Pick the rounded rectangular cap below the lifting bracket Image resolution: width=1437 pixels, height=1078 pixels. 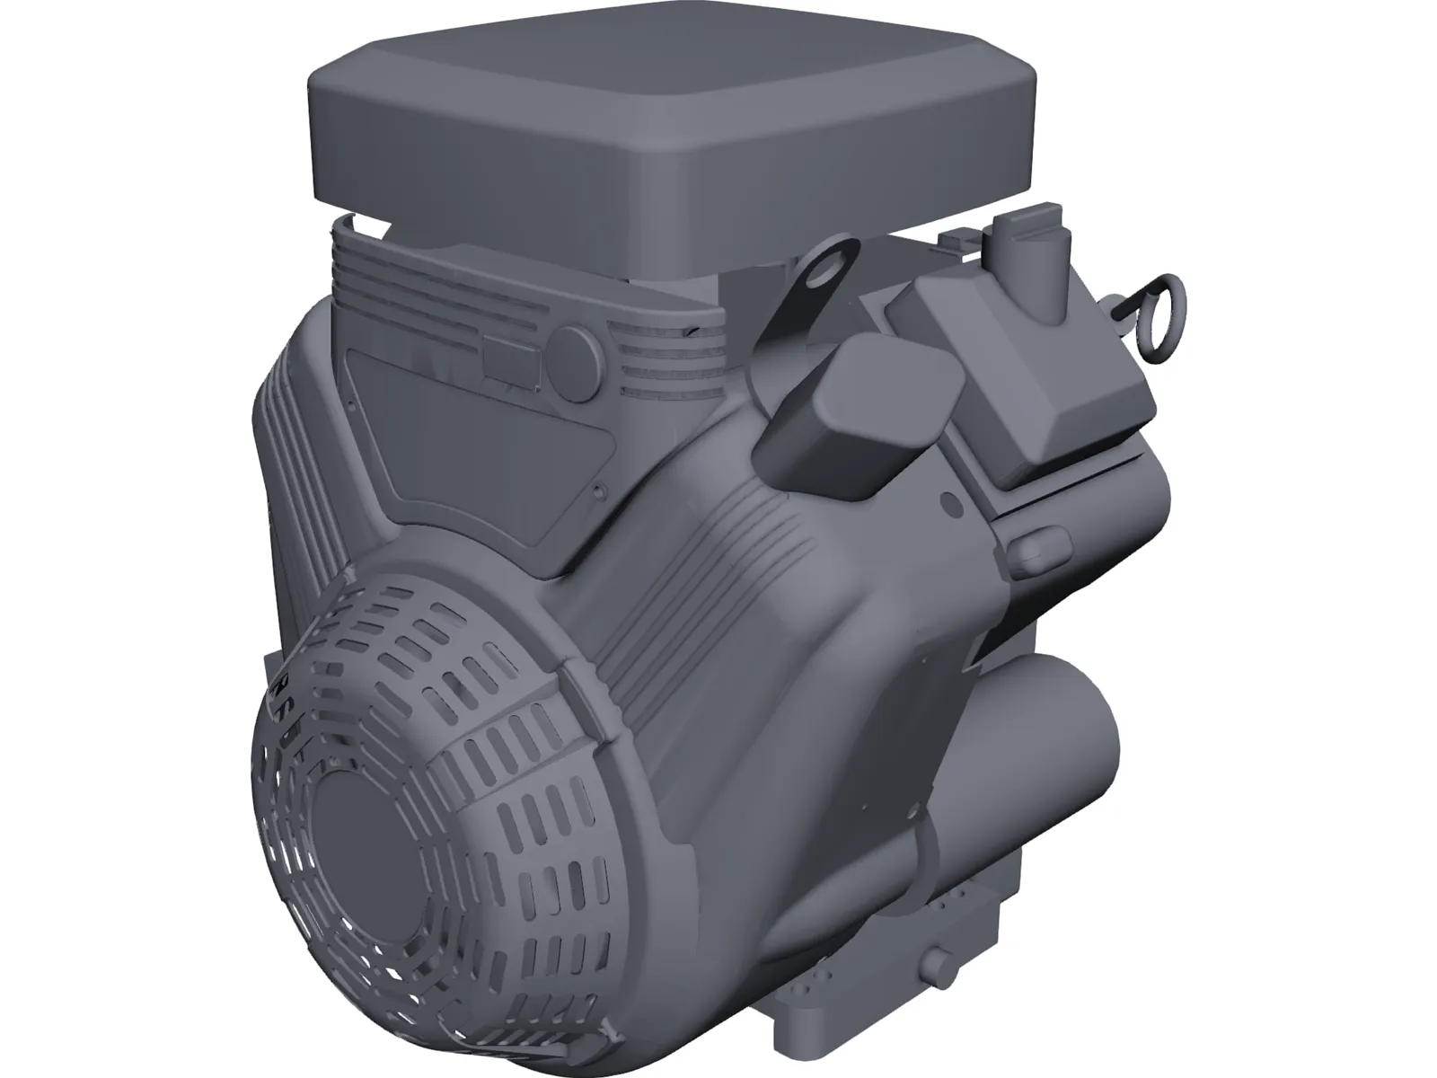[858, 419]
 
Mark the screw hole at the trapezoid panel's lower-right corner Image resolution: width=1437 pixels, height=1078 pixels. [598, 491]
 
